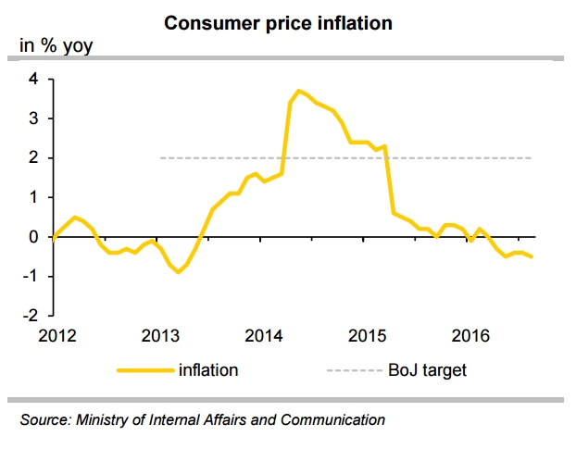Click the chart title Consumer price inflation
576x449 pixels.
pos(278,23)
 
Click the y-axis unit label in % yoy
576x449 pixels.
pos(56,44)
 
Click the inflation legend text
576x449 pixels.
pos(210,370)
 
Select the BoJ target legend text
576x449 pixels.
pos(427,370)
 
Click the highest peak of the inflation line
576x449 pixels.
pos(298,91)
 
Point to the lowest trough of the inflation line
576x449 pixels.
pos(178,272)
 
